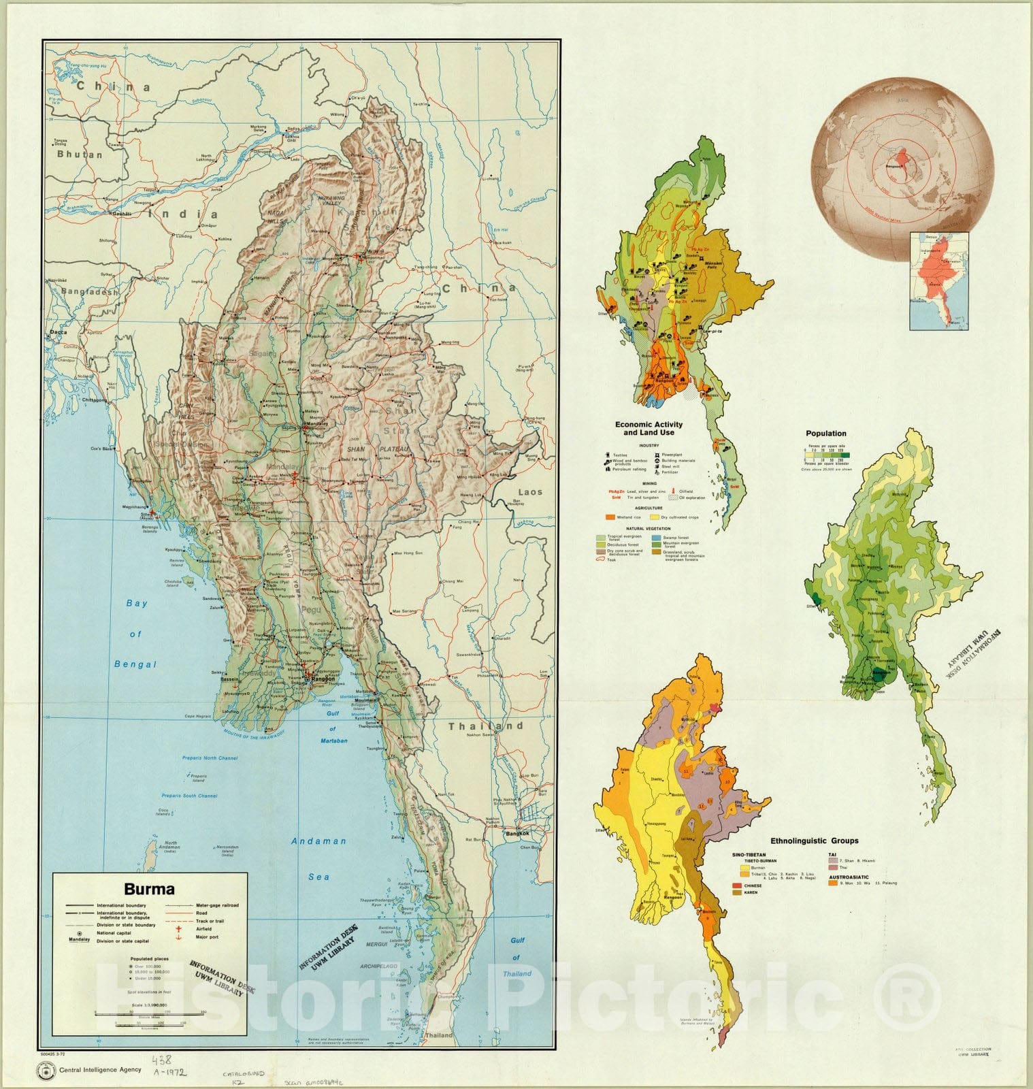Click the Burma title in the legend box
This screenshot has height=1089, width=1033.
tap(149, 889)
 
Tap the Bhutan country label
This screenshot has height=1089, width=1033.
tap(79, 155)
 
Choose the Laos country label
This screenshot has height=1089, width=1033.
tap(530, 491)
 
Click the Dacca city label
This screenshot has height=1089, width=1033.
tap(59, 333)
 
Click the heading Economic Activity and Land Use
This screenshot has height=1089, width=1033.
tap(649, 428)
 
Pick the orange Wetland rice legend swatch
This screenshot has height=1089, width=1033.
tap(610, 517)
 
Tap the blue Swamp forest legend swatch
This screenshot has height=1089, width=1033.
tap(656, 537)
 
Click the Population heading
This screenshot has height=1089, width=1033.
tap(825, 434)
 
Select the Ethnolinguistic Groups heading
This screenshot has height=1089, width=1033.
tap(814, 841)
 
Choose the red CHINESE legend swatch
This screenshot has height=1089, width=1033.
tap(736, 885)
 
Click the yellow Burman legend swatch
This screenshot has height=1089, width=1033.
tap(744, 868)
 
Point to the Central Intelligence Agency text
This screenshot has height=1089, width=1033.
tap(100, 1069)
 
